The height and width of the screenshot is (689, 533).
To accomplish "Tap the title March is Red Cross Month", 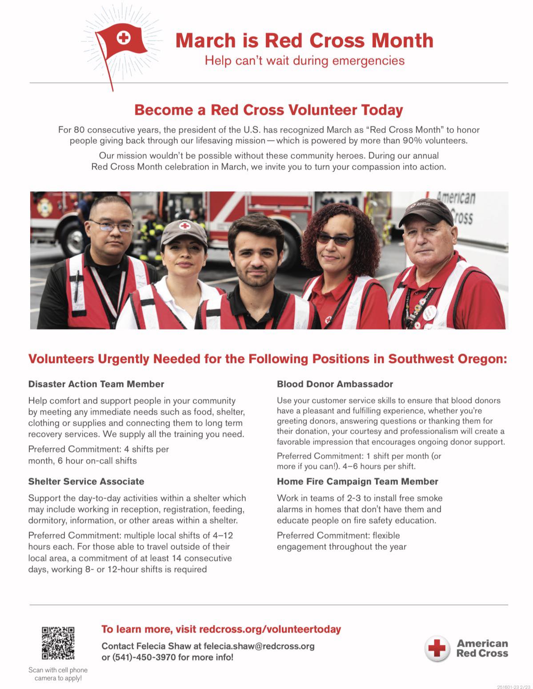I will [x=304, y=40].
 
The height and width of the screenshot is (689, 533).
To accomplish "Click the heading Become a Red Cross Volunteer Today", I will [x=269, y=110].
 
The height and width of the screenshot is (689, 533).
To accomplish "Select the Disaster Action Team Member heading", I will [x=96, y=384].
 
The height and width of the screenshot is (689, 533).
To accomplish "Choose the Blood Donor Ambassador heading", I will [x=335, y=384].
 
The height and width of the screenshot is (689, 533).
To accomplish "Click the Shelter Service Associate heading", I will [x=86, y=481].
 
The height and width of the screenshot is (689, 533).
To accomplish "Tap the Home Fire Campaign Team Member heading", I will [x=357, y=481].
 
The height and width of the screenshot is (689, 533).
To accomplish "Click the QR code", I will [x=58, y=643].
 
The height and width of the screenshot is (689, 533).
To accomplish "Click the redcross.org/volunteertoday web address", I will [x=270, y=629].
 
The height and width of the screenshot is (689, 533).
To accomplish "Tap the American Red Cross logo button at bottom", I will [x=466, y=649].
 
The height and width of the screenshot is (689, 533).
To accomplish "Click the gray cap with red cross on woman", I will [x=183, y=231].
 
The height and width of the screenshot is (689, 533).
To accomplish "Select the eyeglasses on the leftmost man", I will [x=111, y=226].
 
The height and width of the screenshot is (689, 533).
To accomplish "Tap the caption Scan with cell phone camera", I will [x=58, y=674].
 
